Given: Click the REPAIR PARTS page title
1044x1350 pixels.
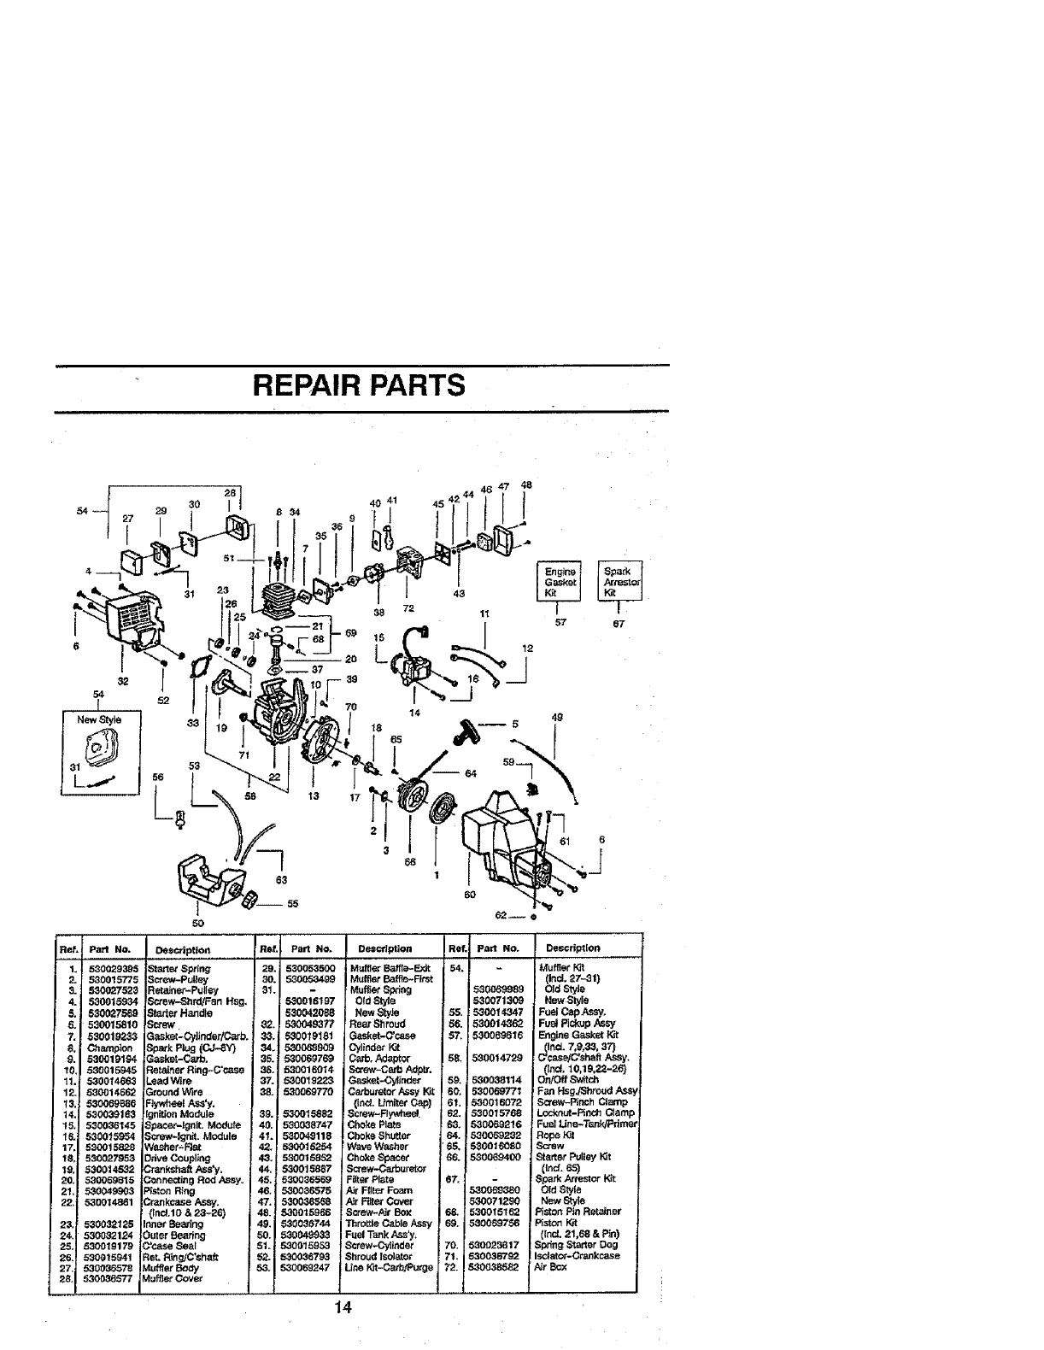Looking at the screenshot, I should pos(359,385).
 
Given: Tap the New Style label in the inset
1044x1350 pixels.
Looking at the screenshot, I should pos(99,719).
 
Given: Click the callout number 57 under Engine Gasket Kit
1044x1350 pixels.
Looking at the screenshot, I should pos(560,624).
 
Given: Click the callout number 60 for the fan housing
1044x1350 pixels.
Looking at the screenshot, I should pos(468,894).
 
